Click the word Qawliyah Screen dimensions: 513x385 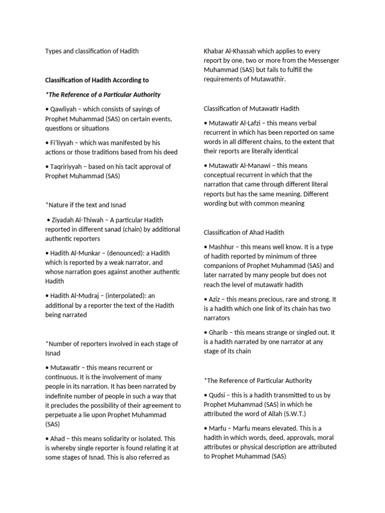(x=64, y=109)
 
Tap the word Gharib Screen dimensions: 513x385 (x=220, y=333)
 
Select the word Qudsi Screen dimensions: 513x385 (x=218, y=395)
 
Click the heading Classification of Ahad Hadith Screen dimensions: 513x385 (x=244, y=232)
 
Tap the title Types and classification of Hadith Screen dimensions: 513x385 (x=92, y=51)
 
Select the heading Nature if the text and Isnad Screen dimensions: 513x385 (x=86, y=204)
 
